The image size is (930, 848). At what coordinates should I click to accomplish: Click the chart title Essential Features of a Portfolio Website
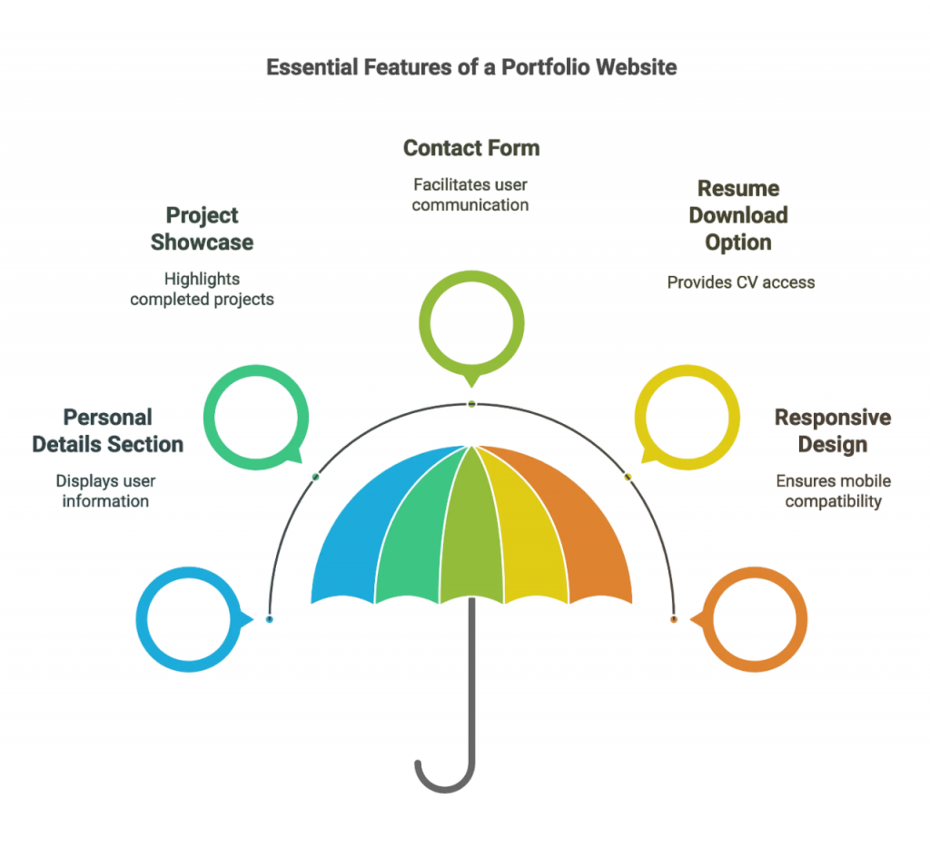(470, 67)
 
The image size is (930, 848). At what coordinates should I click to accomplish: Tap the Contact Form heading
(470, 148)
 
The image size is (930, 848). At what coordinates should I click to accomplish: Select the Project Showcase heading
(202, 229)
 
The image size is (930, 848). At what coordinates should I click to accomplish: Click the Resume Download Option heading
(738, 216)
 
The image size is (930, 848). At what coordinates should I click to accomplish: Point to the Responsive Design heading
(832, 431)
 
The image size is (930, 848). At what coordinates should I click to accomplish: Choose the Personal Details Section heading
(107, 431)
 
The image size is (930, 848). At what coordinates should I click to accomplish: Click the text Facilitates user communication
(470, 194)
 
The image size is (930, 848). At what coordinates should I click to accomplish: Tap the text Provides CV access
(740, 282)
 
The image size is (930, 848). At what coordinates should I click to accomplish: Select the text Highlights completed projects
(202, 289)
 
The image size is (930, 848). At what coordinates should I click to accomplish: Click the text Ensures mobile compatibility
(833, 490)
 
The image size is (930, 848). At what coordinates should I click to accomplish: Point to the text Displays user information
(105, 490)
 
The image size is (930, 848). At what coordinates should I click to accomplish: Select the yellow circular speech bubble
(686, 419)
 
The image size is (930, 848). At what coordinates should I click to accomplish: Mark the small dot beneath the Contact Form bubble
(471, 403)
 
